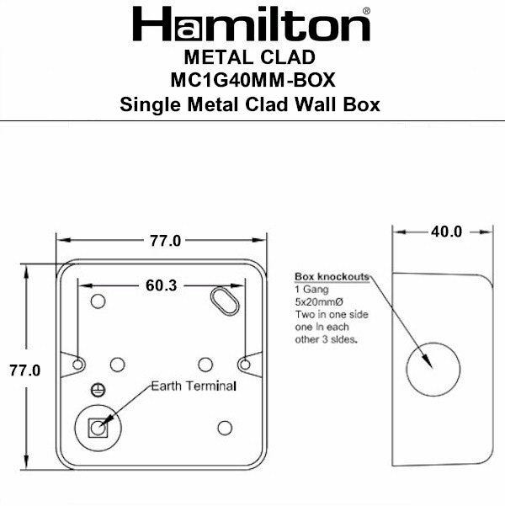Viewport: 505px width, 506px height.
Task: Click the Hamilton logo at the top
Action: pyautogui.click(x=252, y=25)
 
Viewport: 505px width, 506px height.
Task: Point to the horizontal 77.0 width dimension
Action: pyautogui.click(x=165, y=241)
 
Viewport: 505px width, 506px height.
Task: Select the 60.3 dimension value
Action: pyautogui.click(x=160, y=285)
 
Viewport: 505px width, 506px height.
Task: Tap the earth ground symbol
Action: pyautogui.click(x=97, y=389)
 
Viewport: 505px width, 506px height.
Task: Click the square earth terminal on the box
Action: pyautogui.click(x=98, y=427)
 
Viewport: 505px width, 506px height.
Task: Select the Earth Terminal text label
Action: pyautogui.click(x=194, y=386)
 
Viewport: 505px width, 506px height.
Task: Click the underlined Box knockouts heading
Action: pyautogui.click(x=331, y=277)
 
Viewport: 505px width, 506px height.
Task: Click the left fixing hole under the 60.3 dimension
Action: pyautogui.click(x=78, y=365)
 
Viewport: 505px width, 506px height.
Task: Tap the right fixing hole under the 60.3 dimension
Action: pyautogui.click(x=244, y=365)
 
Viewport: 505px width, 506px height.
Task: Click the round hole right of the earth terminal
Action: pyautogui.click(x=224, y=428)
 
